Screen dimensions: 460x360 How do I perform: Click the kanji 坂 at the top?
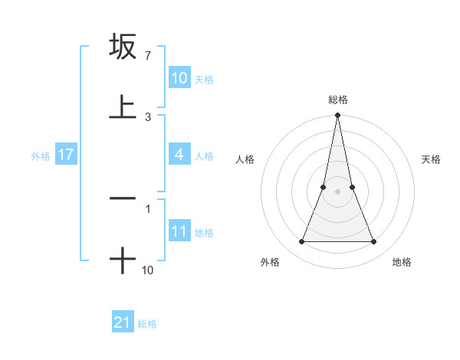123,47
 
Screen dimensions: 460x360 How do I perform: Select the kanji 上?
123,106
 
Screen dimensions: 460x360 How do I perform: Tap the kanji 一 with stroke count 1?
123,198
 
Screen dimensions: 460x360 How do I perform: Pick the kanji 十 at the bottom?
123,260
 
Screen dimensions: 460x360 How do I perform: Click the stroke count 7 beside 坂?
147,57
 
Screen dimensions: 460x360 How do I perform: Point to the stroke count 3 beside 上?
147,117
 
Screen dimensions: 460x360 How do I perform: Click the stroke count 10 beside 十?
148,270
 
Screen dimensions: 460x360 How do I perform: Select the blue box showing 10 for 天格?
179,78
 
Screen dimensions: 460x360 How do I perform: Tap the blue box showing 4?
179,155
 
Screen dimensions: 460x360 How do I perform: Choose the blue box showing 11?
179,231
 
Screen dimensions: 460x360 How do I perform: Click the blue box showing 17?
66,155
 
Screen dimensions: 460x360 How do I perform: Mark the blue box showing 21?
123,322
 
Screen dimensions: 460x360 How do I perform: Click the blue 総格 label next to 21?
147,324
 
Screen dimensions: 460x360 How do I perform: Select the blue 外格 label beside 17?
41,156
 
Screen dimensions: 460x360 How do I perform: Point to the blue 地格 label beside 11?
204,233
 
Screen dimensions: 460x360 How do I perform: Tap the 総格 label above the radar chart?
337,100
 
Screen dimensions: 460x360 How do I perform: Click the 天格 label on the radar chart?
432,160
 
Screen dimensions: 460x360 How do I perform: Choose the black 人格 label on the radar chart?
245,160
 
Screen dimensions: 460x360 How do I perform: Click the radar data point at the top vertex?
337,116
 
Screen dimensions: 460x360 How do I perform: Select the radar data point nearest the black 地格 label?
373,242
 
